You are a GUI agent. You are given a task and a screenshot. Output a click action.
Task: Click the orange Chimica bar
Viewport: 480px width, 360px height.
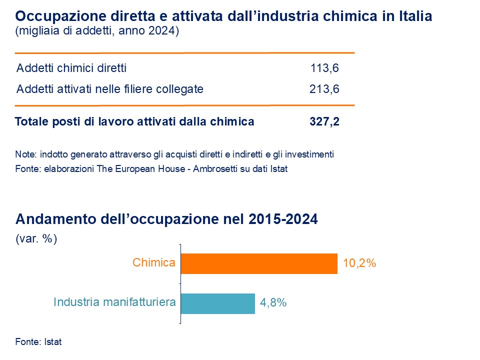coord(259,263)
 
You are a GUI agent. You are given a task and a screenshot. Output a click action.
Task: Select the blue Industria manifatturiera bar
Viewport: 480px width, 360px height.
coord(217,303)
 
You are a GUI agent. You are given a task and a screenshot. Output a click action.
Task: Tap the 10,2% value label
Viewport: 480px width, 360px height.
coord(359,263)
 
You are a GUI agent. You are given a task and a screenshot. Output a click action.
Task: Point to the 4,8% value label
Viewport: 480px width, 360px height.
coord(273,303)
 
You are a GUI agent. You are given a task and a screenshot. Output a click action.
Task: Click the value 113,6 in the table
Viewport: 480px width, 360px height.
coord(324,68)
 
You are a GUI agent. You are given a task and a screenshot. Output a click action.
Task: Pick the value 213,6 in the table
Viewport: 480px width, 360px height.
coord(324,89)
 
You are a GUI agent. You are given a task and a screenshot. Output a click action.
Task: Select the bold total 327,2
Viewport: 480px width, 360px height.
coord(324,121)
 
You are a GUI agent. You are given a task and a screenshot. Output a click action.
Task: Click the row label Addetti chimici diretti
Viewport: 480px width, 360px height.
coord(71,68)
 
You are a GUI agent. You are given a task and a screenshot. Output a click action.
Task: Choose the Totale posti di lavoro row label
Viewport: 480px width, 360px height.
coord(134,121)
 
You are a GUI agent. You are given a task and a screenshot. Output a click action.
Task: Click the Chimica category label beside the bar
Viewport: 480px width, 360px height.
coord(154,263)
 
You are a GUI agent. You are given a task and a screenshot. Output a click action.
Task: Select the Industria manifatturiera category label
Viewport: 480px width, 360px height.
coord(114,302)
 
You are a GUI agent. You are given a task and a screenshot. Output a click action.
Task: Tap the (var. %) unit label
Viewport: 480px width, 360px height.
coord(36,239)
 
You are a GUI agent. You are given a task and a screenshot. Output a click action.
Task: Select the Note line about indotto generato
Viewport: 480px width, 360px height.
coord(174,154)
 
